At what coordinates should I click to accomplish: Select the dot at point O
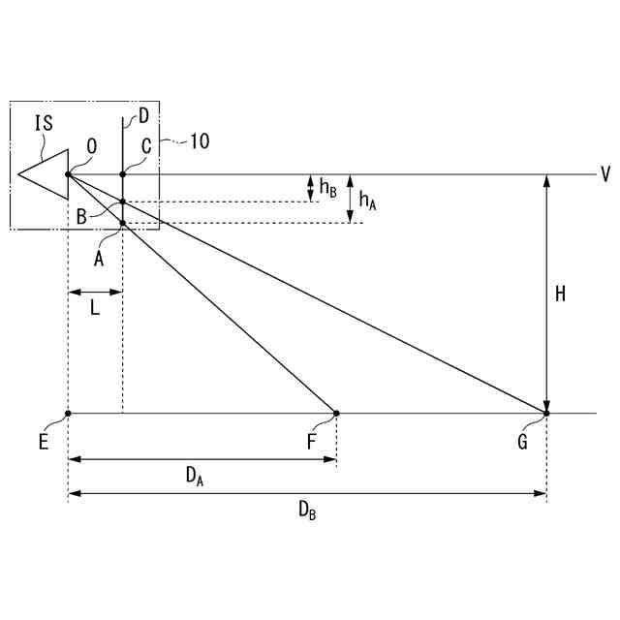(68, 174)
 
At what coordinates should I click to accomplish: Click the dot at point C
(123, 174)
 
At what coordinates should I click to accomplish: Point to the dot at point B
(123, 201)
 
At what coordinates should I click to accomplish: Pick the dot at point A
(123, 223)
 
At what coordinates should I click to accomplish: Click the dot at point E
(68, 414)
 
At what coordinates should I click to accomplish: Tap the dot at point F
(336, 414)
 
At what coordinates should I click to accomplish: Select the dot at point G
(546, 414)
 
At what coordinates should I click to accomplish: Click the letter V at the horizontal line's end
(604, 174)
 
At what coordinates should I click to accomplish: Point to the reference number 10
(198, 140)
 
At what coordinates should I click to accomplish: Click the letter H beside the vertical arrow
(560, 294)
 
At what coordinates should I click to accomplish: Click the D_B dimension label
(306, 510)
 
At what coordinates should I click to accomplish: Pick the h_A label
(367, 201)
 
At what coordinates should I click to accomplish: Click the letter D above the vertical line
(142, 117)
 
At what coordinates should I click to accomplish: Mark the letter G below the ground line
(523, 442)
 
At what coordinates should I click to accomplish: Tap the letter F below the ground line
(313, 442)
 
